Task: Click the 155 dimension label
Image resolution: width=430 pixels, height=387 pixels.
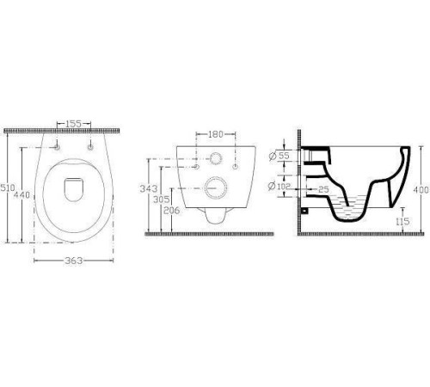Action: click(74, 124)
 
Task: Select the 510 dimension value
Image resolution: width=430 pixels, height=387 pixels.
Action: click(8, 187)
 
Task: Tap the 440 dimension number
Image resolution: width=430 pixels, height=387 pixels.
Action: click(22, 195)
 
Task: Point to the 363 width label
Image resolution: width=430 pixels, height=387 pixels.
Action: click(74, 261)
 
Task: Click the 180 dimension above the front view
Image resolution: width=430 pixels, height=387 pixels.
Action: click(216, 134)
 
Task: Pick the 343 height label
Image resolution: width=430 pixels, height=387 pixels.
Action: click(149, 188)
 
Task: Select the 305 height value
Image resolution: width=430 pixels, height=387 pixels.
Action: click(162, 199)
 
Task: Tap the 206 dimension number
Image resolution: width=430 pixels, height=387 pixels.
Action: click(172, 211)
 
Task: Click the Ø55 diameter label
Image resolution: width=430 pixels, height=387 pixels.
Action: click(279, 156)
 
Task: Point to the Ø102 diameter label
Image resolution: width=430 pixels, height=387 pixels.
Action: click(279, 186)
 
